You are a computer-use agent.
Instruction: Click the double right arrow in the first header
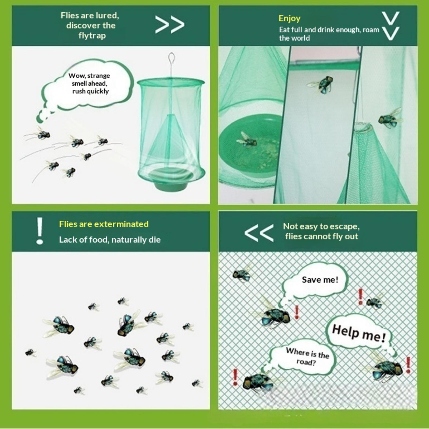point(170,25)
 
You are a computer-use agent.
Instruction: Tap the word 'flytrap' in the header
point(92,35)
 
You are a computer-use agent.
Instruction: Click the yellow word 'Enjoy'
point(289,18)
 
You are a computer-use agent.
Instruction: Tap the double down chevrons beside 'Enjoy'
point(391,26)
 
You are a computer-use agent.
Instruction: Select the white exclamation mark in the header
point(40,231)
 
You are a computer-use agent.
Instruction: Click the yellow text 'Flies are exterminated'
point(104,224)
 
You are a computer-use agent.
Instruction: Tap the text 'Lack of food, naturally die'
point(110,239)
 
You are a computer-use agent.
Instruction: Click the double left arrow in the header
point(259,233)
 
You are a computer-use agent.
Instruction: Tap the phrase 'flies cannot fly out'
point(321,236)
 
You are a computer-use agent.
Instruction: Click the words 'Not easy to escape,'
point(321,227)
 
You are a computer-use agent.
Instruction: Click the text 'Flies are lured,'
point(90,16)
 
